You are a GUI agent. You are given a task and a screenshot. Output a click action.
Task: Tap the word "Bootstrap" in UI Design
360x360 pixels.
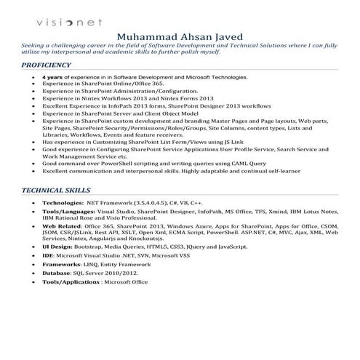pos(90,248)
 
